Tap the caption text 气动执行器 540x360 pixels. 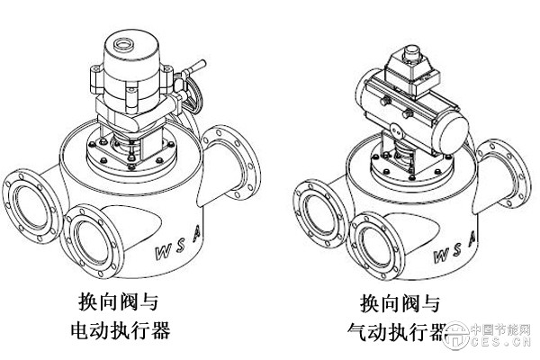397,334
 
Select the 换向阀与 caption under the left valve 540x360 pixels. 118,301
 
